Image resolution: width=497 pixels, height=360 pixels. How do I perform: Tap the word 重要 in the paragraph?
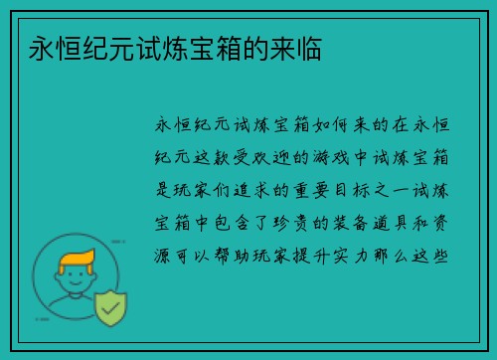[x=324, y=188]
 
